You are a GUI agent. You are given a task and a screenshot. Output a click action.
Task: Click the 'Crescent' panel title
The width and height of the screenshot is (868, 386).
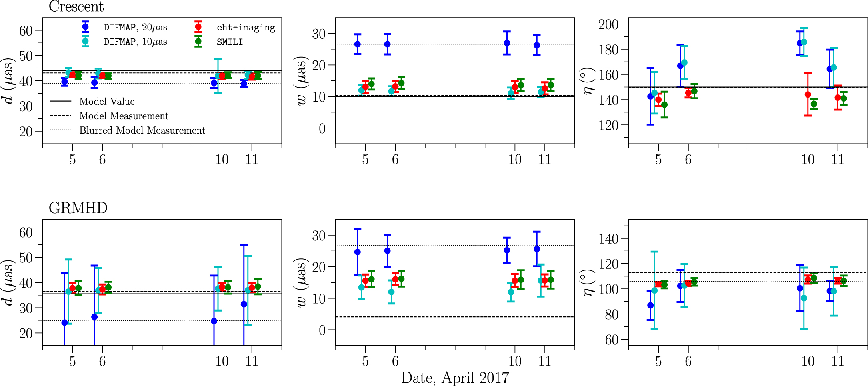point(76,7)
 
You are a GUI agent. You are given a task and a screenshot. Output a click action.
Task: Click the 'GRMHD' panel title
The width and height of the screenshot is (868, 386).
point(78,208)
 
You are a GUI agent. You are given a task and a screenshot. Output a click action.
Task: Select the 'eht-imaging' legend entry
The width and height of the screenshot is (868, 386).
point(246,28)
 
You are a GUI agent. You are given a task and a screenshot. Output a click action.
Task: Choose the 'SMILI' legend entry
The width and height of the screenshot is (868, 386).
point(230,42)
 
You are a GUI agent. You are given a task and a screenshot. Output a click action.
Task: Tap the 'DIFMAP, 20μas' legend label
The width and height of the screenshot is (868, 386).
point(135,28)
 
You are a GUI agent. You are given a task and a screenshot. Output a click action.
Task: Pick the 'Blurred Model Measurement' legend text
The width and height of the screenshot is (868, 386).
point(142,130)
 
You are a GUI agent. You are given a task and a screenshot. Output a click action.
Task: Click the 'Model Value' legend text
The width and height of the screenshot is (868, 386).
point(107,102)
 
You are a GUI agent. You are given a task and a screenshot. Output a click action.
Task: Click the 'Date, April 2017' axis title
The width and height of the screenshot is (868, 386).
point(455,378)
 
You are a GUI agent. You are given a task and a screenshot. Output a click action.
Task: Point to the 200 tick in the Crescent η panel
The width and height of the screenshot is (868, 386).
point(608,24)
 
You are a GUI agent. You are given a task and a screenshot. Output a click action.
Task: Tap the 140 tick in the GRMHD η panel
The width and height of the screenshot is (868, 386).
point(608,239)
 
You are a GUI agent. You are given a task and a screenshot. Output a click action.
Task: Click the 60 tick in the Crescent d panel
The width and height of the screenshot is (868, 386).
point(26,31)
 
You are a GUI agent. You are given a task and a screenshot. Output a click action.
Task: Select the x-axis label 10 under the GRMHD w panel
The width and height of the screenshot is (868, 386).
point(515,361)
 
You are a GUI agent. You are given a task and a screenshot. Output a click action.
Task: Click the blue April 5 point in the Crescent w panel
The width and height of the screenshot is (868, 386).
point(358,44)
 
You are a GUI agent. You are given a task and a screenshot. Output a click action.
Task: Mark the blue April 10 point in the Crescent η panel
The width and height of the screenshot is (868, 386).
point(800,43)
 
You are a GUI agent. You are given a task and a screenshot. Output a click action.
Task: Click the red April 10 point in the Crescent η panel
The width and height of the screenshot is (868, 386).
point(808,94)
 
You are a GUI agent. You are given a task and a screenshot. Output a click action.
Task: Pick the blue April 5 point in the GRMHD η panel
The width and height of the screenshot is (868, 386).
point(650,305)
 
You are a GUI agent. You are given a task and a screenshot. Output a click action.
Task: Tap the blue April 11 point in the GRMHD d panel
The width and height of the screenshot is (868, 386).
point(244,304)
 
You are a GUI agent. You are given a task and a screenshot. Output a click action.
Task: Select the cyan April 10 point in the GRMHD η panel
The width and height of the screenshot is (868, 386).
point(804,298)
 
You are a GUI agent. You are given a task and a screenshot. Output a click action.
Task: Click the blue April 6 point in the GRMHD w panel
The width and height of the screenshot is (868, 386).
point(387,251)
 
